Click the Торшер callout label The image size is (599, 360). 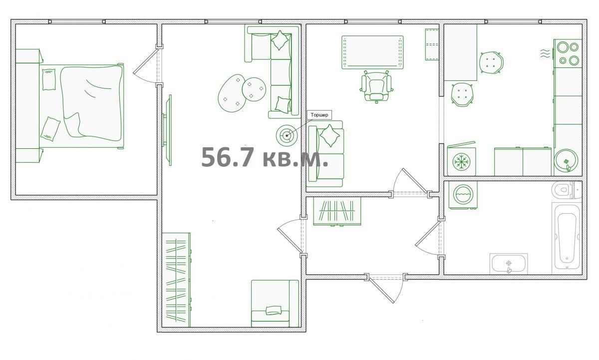pos(319,115)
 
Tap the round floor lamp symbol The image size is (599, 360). pos(287,135)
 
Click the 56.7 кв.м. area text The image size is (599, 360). pos(265,157)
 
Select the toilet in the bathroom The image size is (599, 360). pos(567,190)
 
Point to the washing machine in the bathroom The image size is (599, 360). pos(463,195)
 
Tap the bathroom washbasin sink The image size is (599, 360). pos(508,264)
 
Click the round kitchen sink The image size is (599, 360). pos(566,161)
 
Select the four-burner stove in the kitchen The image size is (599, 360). pos(568,53)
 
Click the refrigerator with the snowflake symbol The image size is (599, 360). pos(461,160)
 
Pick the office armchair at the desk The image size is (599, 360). pos(376,86)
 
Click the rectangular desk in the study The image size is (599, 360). pos(372,52)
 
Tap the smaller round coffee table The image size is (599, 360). pos(254,89)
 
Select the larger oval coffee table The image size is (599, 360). pos(232,93)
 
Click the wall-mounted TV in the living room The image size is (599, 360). pos(168,130)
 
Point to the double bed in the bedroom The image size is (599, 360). pos(82,106)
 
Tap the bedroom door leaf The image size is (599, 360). pos(145,60)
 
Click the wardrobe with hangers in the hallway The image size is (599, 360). pos(337,211)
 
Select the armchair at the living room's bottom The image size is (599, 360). pos(275,303)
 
